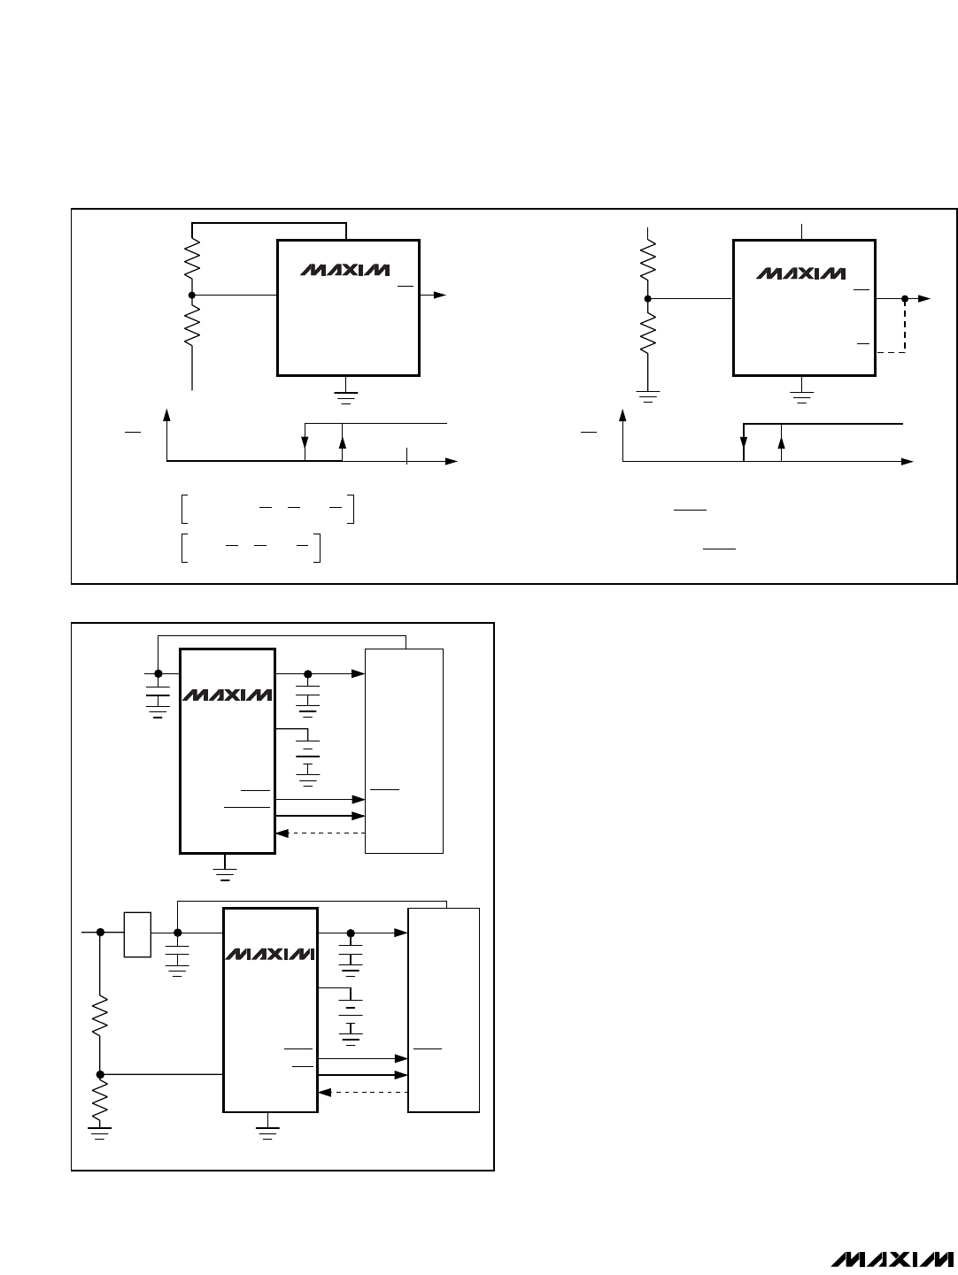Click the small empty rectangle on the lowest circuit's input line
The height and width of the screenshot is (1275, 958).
click(137, 934)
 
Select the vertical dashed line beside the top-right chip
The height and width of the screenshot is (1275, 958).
click(905, 326)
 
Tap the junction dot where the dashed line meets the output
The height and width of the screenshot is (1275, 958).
click(905, 298)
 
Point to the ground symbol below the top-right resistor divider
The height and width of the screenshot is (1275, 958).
click(647, 396)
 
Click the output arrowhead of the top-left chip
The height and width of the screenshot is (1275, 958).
click(439, 295)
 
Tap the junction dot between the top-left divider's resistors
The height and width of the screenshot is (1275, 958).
click(192, 295)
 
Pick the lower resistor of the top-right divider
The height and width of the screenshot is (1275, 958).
click(647, 333)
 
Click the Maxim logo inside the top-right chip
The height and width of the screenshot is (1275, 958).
click(801, 273)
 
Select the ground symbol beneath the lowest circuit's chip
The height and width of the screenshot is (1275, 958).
click(267, 1133)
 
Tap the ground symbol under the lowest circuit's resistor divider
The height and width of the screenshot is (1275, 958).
click(99, 1133)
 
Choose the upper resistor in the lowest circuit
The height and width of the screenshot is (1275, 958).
click(100, 1015)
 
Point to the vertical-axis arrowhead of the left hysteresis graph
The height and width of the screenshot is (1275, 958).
click(166, 415)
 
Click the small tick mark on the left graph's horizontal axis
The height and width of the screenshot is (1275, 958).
click(407, 456)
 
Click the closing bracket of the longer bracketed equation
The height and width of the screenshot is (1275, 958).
click(352, 509)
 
